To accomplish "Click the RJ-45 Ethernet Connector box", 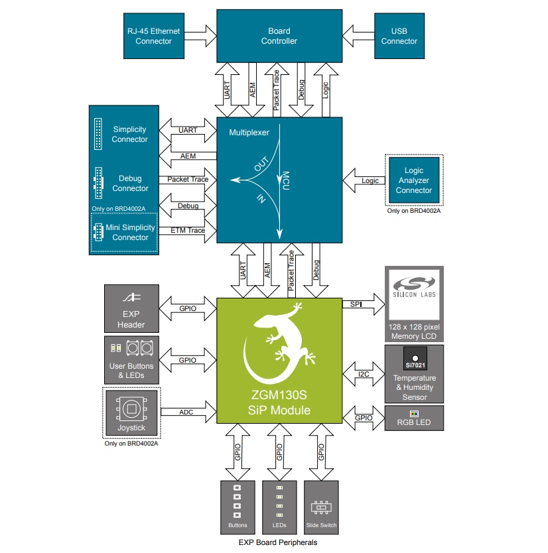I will [x=153, y=36].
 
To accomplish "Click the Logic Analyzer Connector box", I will [x=413, y=180].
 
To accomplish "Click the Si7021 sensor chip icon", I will [x=414, y=359].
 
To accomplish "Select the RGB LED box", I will [x=414, y=419].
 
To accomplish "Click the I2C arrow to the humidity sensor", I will [x=364, y=374].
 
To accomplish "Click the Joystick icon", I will [x=131, y=406].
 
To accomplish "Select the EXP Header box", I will [x=131, y=309].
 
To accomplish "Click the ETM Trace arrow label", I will [x=188, y=230].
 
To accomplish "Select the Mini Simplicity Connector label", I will [x=131, y=232].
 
